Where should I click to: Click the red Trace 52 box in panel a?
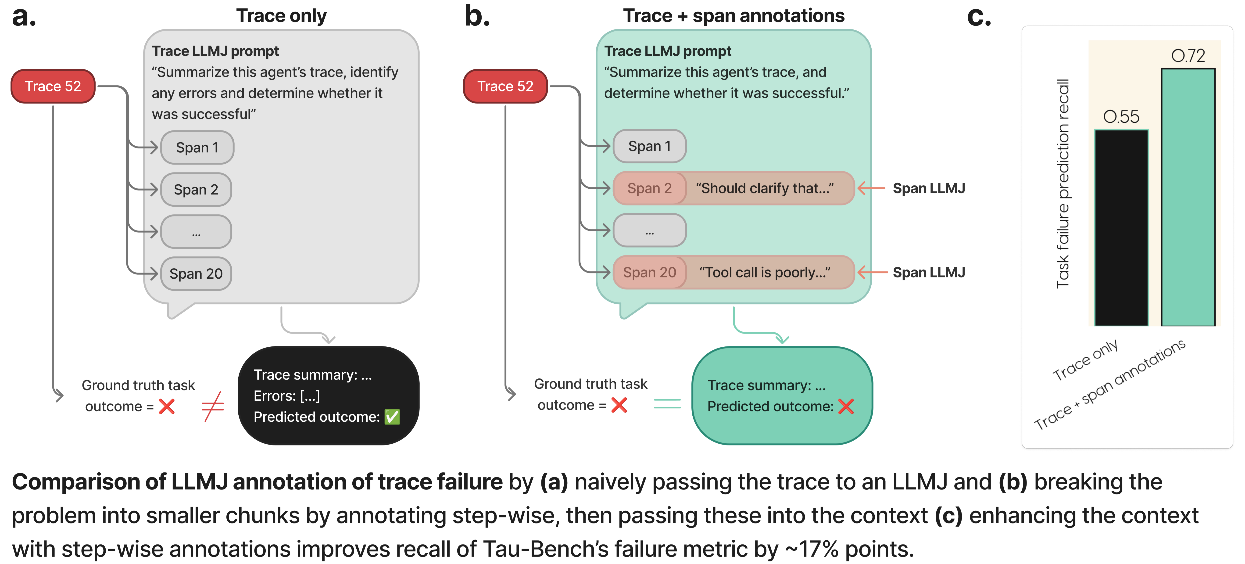pyautogui.click(x=53, y=86)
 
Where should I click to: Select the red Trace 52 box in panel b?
pyautogui.click(x=505, y=86)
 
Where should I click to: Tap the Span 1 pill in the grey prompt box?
pyautogui.click(x=197, y=147)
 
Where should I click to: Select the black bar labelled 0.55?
pyautogui.click(x=1121, y=228)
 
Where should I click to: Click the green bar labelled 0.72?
pyautogui.click(x=1188, y=197)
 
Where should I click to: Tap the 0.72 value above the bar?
pyautogui.click(x=1188, y=56)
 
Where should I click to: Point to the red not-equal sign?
pyautogui.click(x=213, y=406)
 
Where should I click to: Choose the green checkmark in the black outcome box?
pyautogui.click(x=392, y=417)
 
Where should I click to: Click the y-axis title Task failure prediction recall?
pyautogui.click(x=1063, y=184)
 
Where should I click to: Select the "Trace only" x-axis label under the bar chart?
pyautogui.click(x=1085, y=360)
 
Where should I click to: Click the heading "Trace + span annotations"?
pyautogui.click(x=734, y=15)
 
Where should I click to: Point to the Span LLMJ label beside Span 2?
pyautogui.click(x=928, y=188)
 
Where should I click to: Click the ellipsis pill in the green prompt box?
pyautogui.click(x=650, y=230)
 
